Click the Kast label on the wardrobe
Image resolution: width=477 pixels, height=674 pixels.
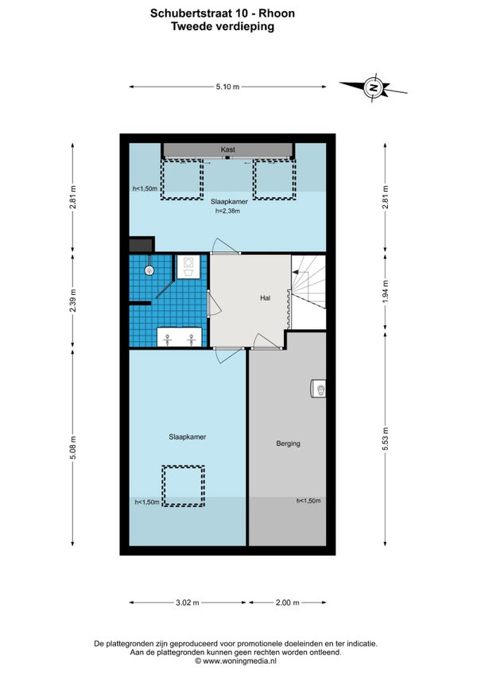coord(227,149)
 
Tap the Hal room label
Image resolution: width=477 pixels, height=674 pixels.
coord(265,297)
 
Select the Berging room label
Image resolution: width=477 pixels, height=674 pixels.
coord(288,444)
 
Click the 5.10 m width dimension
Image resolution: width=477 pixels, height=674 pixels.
coord(227,87)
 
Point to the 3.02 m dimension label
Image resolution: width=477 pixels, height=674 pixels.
coord(188,602)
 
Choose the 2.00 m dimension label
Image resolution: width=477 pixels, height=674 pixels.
coord(287,602)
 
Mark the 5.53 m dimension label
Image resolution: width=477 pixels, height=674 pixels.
coord(385,439)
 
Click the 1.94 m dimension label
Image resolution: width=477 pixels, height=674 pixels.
coord(385,292)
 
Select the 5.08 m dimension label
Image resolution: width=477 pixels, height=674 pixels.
coord(72,447)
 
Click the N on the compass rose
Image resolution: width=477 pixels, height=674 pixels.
coord(374,87)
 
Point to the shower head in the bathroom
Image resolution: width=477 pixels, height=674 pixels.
coord(149,270)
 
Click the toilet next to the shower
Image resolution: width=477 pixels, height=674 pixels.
coord(188,266)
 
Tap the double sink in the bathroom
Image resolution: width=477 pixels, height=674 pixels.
coord(180,337)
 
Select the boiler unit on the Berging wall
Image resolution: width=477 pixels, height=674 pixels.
coord(318,389)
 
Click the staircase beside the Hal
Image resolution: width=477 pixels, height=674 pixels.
coord(308,281)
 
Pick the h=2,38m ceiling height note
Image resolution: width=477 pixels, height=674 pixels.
coord(227,211)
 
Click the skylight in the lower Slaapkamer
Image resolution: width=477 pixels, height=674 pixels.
coord(183,486)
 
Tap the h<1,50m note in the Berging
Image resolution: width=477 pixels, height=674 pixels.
coord(308,501)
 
